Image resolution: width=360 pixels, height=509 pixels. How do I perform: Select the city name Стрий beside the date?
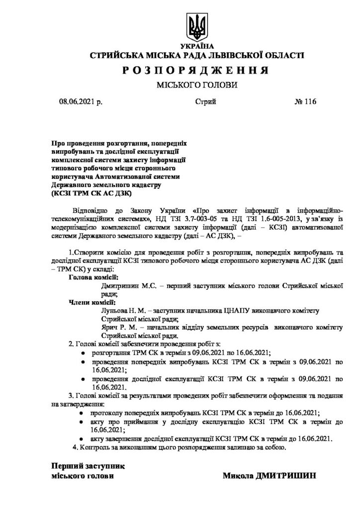tap(205, 102)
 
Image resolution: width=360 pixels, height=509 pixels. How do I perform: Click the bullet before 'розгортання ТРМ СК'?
tap(83, 352)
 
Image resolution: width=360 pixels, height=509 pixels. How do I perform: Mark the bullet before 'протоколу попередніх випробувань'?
tap(83, 413)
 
